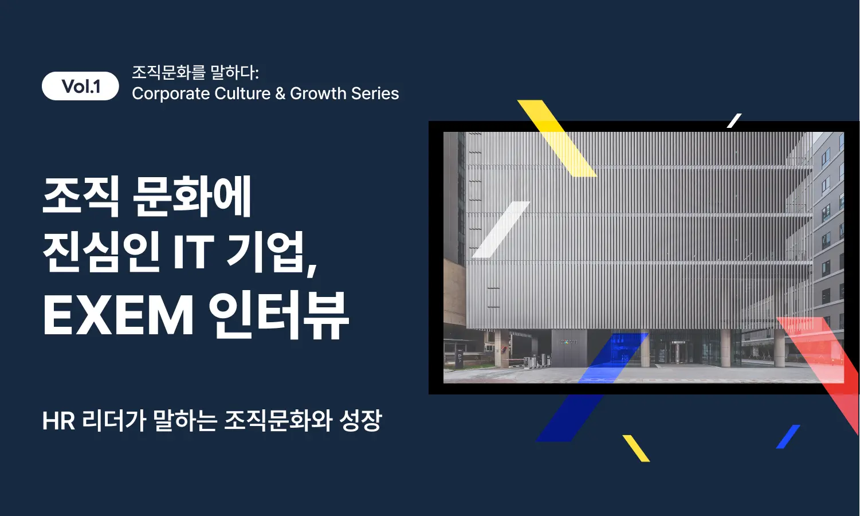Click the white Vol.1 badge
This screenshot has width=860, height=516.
[x=80, y=87]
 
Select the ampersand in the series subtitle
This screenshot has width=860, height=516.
[x=280, y=93]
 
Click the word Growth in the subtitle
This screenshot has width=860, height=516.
[x=318, y=93]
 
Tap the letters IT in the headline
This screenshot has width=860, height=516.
[x=193, y=252]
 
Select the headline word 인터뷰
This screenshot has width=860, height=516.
[x=278, y=315]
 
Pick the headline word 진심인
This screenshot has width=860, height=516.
[x=101, y=252]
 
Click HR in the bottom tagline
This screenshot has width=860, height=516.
[x=58, y=421]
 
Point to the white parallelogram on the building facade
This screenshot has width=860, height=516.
[x=501, y=229]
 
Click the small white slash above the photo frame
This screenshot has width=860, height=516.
[x=734, y=120]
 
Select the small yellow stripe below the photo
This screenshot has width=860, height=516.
[x=636, y=448]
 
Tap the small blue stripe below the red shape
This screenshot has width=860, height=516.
[x=788, y=437]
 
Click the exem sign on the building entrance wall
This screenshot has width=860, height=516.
[x=568, y=342]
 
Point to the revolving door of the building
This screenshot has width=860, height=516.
[x=678, y=352]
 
